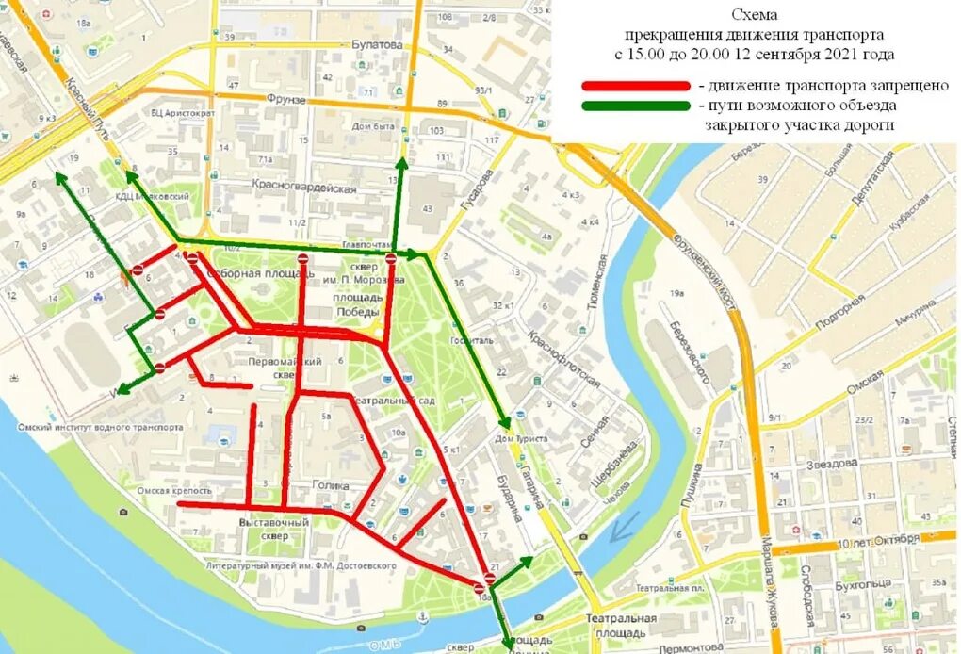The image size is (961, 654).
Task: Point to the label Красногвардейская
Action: tap(304, 188)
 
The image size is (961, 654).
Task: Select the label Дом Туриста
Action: tap(520, 439)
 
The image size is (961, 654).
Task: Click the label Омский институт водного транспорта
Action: tap(100, 427)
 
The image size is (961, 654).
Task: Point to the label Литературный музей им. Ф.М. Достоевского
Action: tap(301, 565)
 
